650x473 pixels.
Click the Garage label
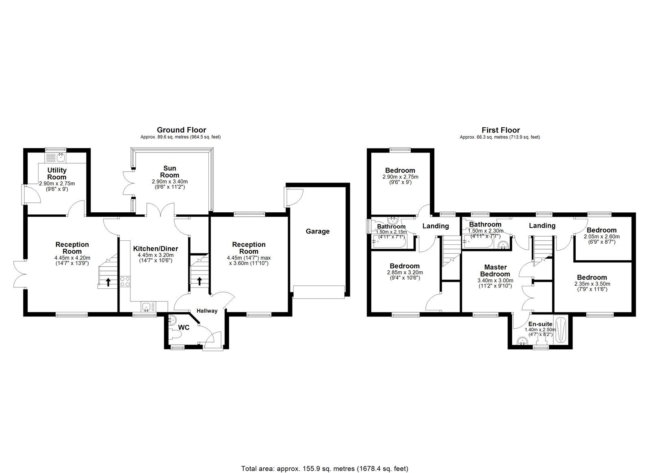coord(317,231)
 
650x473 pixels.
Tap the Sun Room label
coord(169,172)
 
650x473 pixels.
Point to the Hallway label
coord(207,311)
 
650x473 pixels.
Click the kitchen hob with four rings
coord(125,282)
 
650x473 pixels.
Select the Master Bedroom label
coord(495,270)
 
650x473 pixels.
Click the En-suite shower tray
coord(562,330)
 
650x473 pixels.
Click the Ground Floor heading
coord(181,130)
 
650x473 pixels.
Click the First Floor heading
coord(500,130)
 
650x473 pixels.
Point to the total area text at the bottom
coord(325,457)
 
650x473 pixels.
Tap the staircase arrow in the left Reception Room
coord(108,282)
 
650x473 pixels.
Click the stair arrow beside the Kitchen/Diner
coord(199,281)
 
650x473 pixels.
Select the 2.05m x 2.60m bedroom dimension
coord(602,237)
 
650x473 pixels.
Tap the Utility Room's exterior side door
coord(32,195)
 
